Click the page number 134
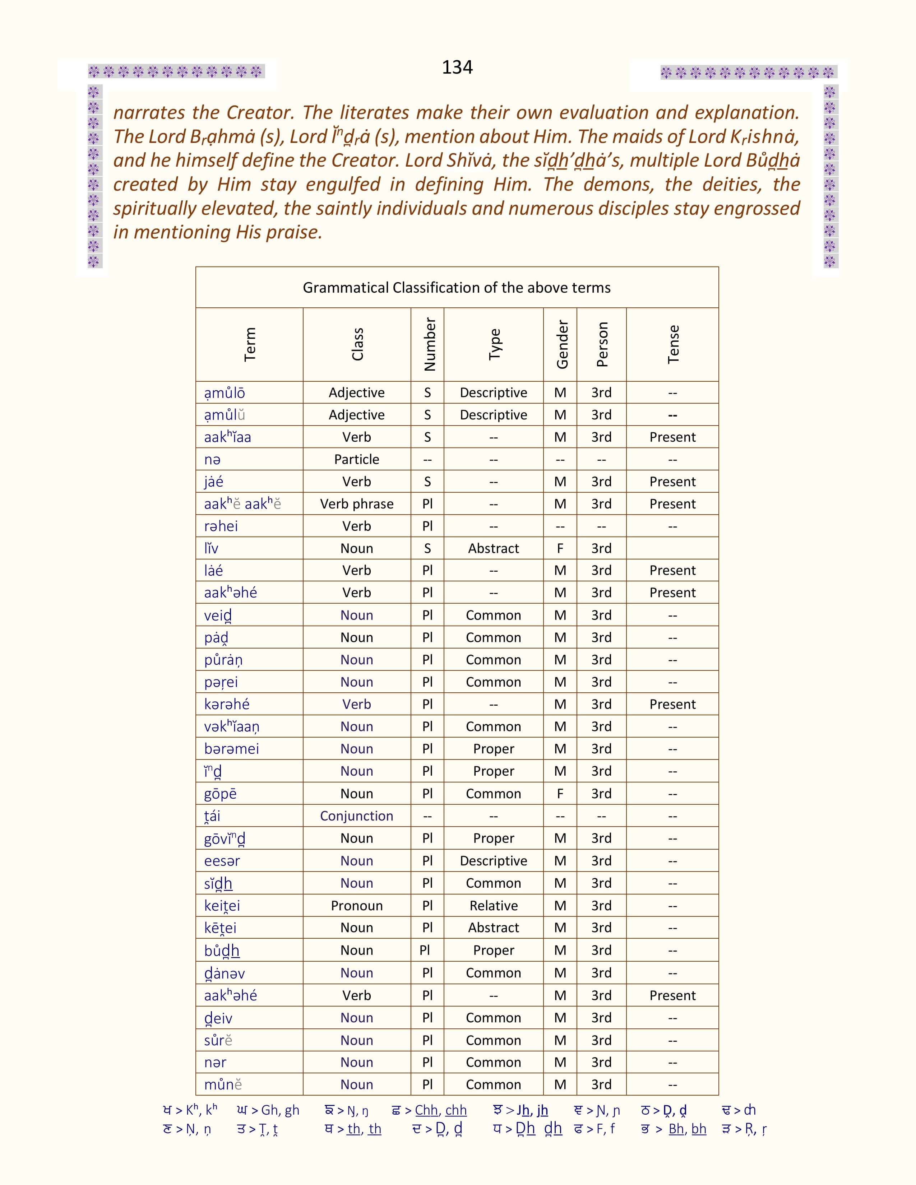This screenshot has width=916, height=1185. coord(457,67)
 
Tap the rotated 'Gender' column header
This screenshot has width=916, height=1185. coord(562,344)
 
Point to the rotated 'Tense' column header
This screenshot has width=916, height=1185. coord(673,344)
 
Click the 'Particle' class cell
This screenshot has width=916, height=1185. coord(357,460)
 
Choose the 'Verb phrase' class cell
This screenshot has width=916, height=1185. coord(357,504)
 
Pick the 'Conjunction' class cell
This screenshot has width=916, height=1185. coord(357,816)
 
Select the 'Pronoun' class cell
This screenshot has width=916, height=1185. coord(357,906)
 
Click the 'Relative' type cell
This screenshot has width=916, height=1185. coord(493,906)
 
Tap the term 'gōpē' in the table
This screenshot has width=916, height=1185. coord(220,794)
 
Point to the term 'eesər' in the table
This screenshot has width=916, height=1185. coord(222,861)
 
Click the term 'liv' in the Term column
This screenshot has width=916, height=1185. coord(211,549)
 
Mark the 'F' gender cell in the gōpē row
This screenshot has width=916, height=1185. coord(560,794)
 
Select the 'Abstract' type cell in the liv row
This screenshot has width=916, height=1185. coord(493,549)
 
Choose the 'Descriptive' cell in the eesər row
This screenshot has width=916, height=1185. coord(493,861)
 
